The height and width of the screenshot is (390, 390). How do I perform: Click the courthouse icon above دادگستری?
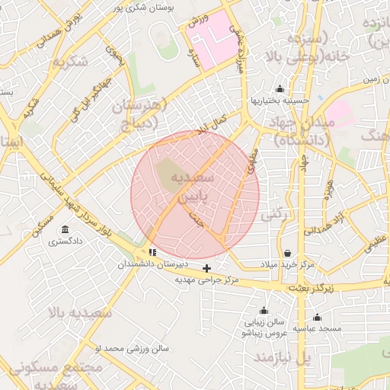pos(64,230)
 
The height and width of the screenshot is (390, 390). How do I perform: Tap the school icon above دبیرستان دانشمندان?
pos(153,251)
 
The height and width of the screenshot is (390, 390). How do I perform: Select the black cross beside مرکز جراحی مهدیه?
pos(206,268)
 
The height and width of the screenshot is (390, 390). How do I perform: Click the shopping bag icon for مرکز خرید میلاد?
pos(286,253)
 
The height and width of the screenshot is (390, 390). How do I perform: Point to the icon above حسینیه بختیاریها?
pos(280,89)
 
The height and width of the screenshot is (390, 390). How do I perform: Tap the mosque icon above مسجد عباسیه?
pos(317,318)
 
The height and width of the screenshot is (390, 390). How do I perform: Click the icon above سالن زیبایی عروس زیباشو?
pos(264,311)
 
